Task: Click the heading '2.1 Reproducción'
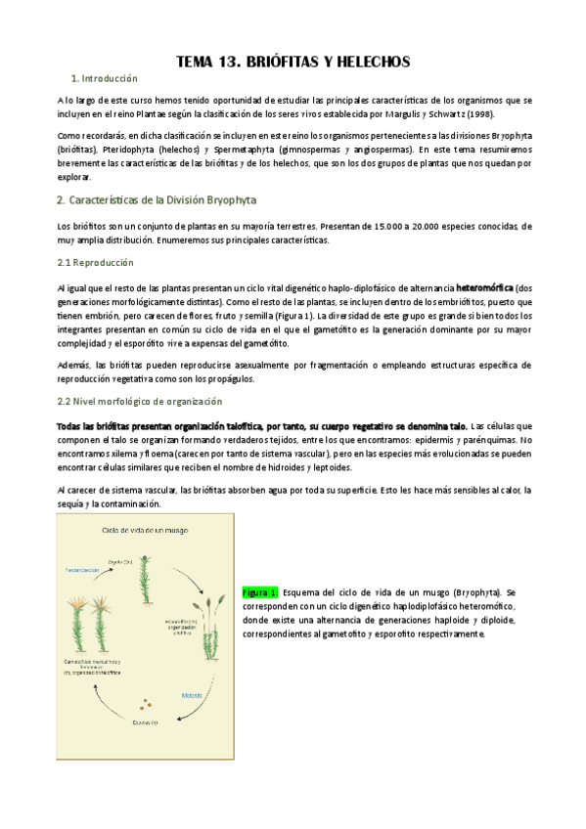96,263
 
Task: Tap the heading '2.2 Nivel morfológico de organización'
140,401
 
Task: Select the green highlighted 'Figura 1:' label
260,592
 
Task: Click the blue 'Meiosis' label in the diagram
193,696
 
